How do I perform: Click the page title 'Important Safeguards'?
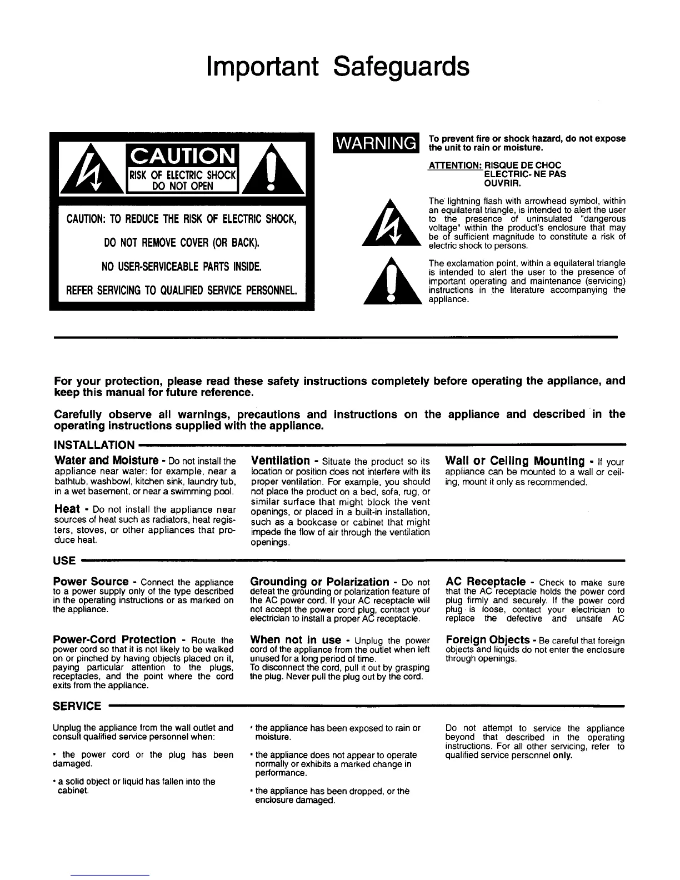[x=338, y=67]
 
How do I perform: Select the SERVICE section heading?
[x=77, y=706]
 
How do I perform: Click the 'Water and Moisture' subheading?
[x=107, y=461]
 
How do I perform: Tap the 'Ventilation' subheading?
[x=281, y=461]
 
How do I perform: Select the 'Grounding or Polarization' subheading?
[x=320, y=582]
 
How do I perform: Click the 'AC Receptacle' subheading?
[x=486, y=582]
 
